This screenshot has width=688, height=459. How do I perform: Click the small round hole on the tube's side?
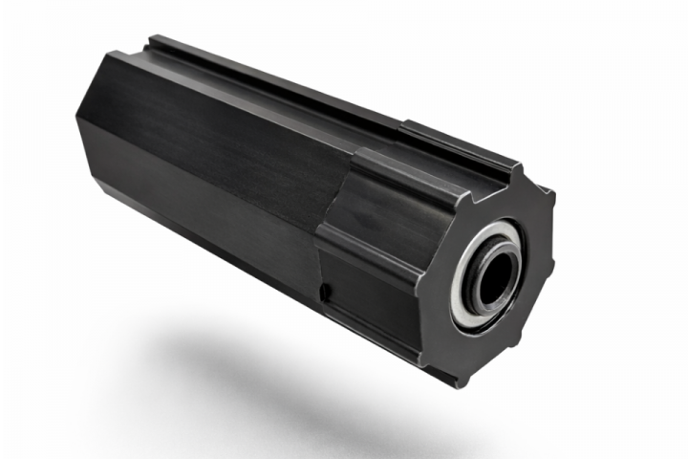326,290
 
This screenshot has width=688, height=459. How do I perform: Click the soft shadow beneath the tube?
287,382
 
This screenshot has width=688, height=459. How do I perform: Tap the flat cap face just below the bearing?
492,344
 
